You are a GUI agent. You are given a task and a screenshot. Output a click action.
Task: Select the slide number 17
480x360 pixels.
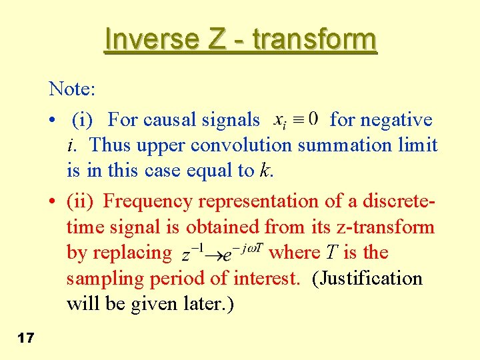pyautogui.click(x=26, y=339)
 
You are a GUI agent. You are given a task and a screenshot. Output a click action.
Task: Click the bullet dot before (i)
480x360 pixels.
pyautogui.click(x=51, y=121)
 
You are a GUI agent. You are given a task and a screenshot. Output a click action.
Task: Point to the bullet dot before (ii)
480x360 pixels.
pyautogui.click(x=51, y=201)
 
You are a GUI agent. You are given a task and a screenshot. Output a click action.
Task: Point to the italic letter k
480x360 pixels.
pyautogui.click(x=266, y=171)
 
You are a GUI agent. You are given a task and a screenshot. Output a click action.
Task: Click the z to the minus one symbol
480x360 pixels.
pyautogui.click(x=193, y=254)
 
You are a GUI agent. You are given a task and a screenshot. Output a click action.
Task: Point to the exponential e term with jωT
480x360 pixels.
pyautogui.click(x=243, y=253)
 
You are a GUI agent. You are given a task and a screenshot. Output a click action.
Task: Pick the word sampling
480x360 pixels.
pyautogui.click(x=103, y=278)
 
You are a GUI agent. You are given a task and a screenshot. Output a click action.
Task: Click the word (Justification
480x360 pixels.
pyautogui.click(x=367, y=278)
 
